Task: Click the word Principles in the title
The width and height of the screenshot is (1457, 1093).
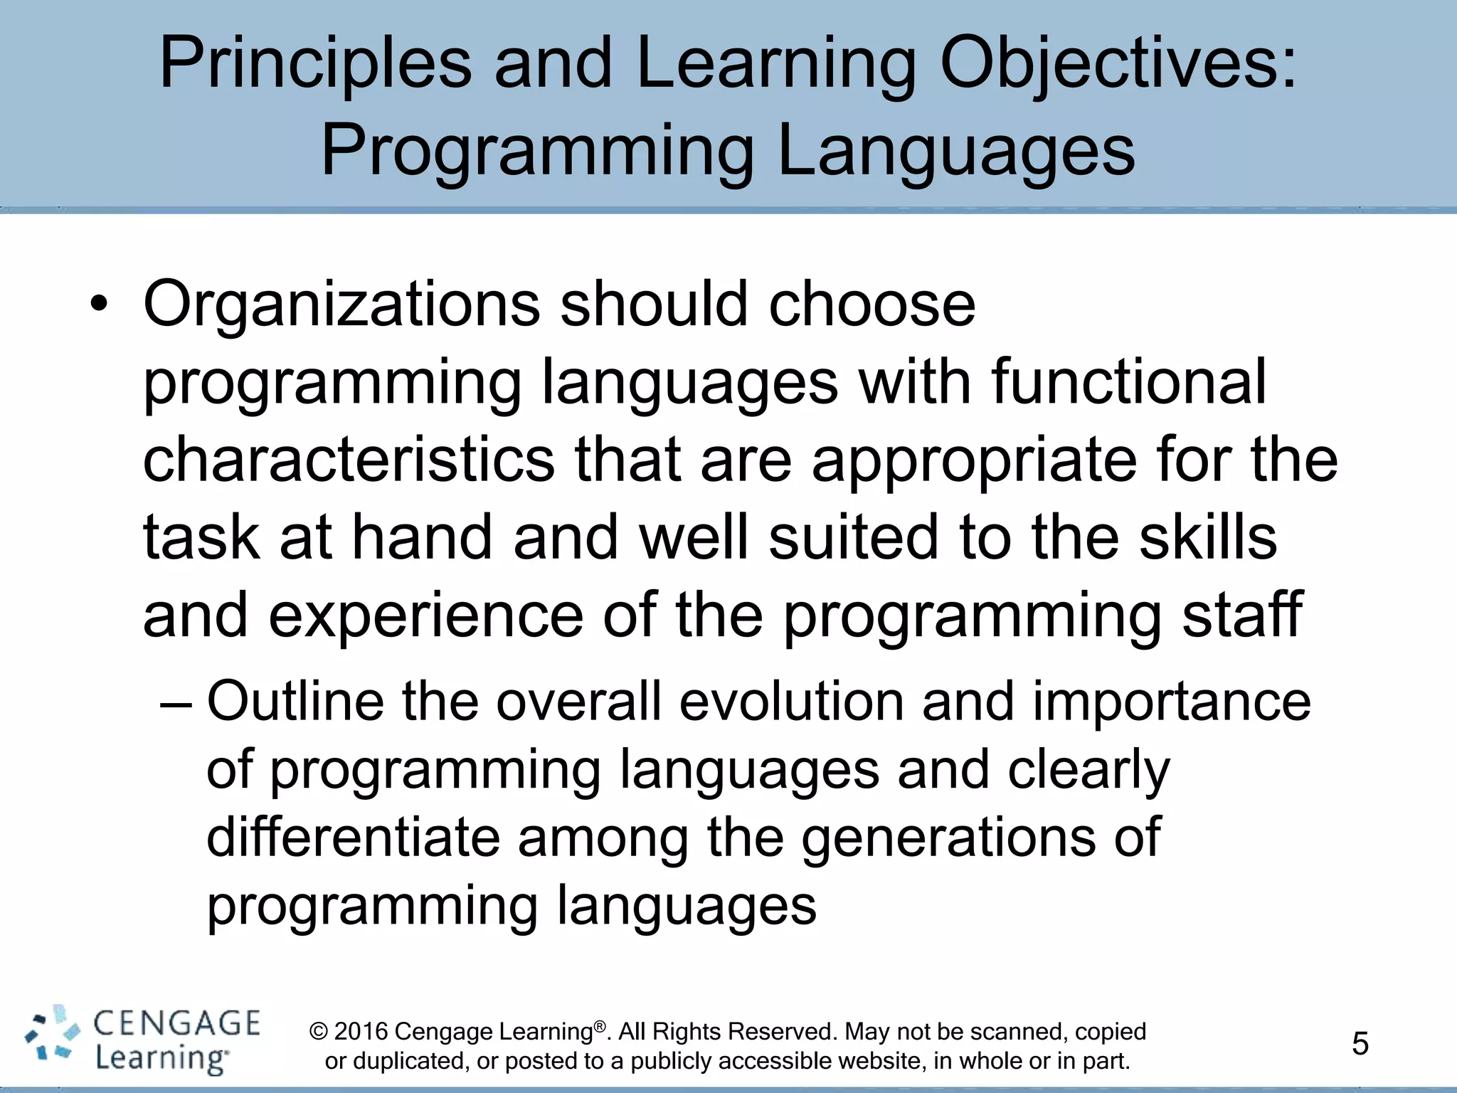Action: tap(315, 65)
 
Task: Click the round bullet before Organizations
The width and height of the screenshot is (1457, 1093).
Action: tap(99, 306)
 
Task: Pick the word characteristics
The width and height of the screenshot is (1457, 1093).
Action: tap(349, 460)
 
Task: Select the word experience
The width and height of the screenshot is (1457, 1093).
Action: tap(425, 616)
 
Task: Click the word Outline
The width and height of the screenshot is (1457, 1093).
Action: tap(295, 702)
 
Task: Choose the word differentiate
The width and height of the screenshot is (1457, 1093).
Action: tap(353, 838)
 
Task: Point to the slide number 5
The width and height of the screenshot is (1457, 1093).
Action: tap(1360, 1044)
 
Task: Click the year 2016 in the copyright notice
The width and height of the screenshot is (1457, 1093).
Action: tap(361, 1032)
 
